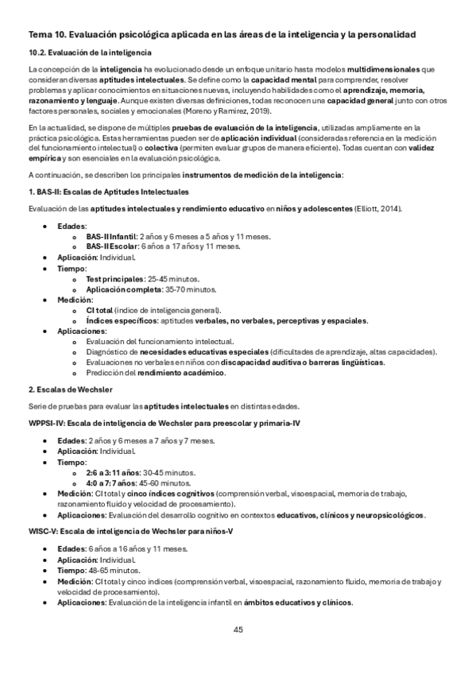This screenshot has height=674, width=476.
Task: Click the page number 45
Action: (x=238, y=630)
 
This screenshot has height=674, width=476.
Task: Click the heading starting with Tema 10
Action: (x=223, y=34)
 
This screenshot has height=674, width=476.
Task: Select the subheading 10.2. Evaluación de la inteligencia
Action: (x=85, y=52)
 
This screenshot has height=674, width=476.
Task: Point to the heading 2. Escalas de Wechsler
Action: (x=70, y=390)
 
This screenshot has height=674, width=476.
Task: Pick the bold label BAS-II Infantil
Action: (x=111, y=237)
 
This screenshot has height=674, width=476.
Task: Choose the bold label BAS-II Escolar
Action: (x=111, y=246)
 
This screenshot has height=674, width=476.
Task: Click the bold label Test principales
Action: (x=114, y=280)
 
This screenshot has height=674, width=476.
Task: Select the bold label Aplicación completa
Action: (x=121, y=290)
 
